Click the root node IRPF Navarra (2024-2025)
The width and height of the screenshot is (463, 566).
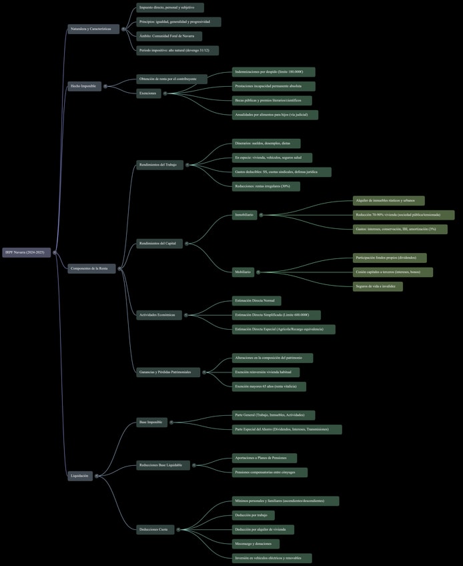pyautogui.click(x=26, y=252)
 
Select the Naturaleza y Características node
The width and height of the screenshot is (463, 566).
pyautogui.click(x=93, y=29)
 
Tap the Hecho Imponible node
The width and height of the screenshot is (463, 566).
pyautogui.click(x=84, y=86)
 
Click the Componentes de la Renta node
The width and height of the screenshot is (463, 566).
pyautogui.click(x=92, y=268)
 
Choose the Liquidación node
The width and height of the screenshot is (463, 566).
pyautogui.click(x=80, y=476)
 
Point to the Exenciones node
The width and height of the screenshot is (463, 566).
pyautogui.click(x=149, y=93)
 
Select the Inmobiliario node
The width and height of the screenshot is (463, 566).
pyautogui.click(x=244, y=215)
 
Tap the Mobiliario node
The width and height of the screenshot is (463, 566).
pyautogui.click(x=243, y=272)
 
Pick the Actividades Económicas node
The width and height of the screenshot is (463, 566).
pyautogui.click(x=159, y=314)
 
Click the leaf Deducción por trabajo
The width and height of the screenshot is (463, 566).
pyautogui.click(x=251, y=515)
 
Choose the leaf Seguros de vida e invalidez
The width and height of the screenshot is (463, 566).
pyautogui.click(x=378, y=286)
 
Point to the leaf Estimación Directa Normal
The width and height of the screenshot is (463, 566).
pyautogui.click(x=257, y=301)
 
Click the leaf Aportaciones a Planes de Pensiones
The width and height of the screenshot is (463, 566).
pyautogui.click(x=264, y=459)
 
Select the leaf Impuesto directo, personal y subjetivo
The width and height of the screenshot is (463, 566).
pyautogui.click(x=170, y=7)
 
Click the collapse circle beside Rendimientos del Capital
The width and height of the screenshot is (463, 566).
pyautogui.click(x=186, y=244)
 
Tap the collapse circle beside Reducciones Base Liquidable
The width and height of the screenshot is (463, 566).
pyautogui.click(x=193, y=465)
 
